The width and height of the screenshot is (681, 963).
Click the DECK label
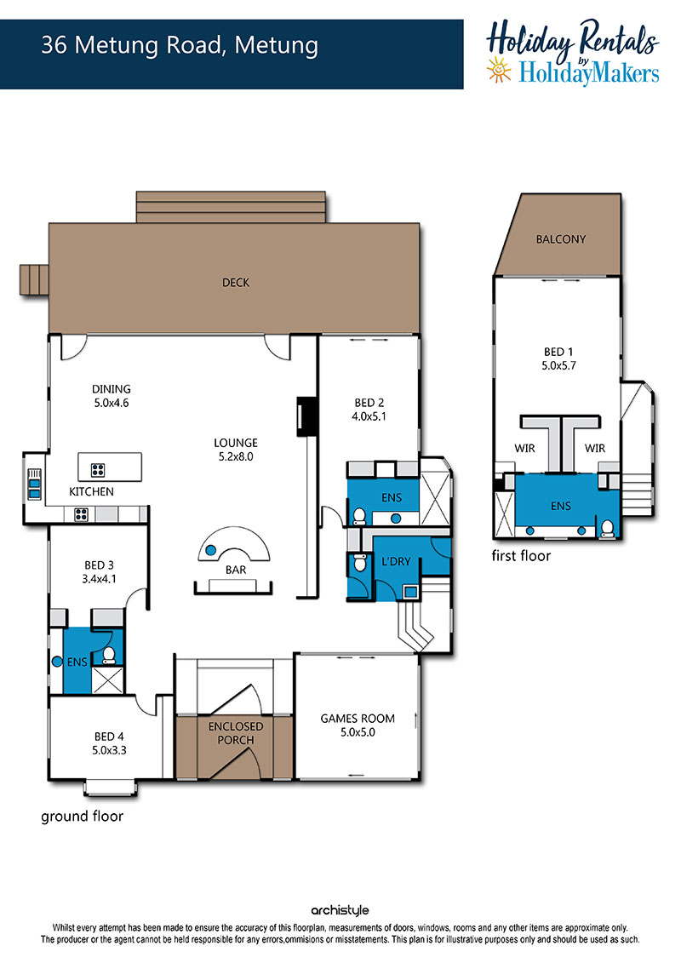pos(236,283)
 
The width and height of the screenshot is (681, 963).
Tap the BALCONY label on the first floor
pos(561,239)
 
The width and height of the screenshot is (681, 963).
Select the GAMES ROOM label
pos(358,718)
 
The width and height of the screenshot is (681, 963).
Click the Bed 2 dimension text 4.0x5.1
pos(369,416)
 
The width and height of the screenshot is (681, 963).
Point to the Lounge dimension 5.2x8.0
pos(236,456)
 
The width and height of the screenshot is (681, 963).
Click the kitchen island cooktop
pos(98,470)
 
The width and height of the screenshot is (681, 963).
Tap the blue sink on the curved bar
pos(210,550)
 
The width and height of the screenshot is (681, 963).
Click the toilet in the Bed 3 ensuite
pos(109,656)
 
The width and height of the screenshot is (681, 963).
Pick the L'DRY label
pos(396,561)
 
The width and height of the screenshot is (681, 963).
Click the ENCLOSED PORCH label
pos(236,733)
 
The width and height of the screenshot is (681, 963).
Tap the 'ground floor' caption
pos(82,817)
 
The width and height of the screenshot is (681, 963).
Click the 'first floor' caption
pos(521,556)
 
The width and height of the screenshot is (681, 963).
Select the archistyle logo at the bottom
pos(340,910)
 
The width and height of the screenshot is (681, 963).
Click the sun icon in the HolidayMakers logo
pos(499,69)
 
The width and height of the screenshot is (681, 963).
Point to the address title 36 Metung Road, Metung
pos(180,45)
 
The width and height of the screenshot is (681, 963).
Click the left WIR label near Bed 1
pos(524,449)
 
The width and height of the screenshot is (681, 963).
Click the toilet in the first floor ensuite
pos(606,528)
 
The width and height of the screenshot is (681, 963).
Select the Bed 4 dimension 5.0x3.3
pos(109,750)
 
